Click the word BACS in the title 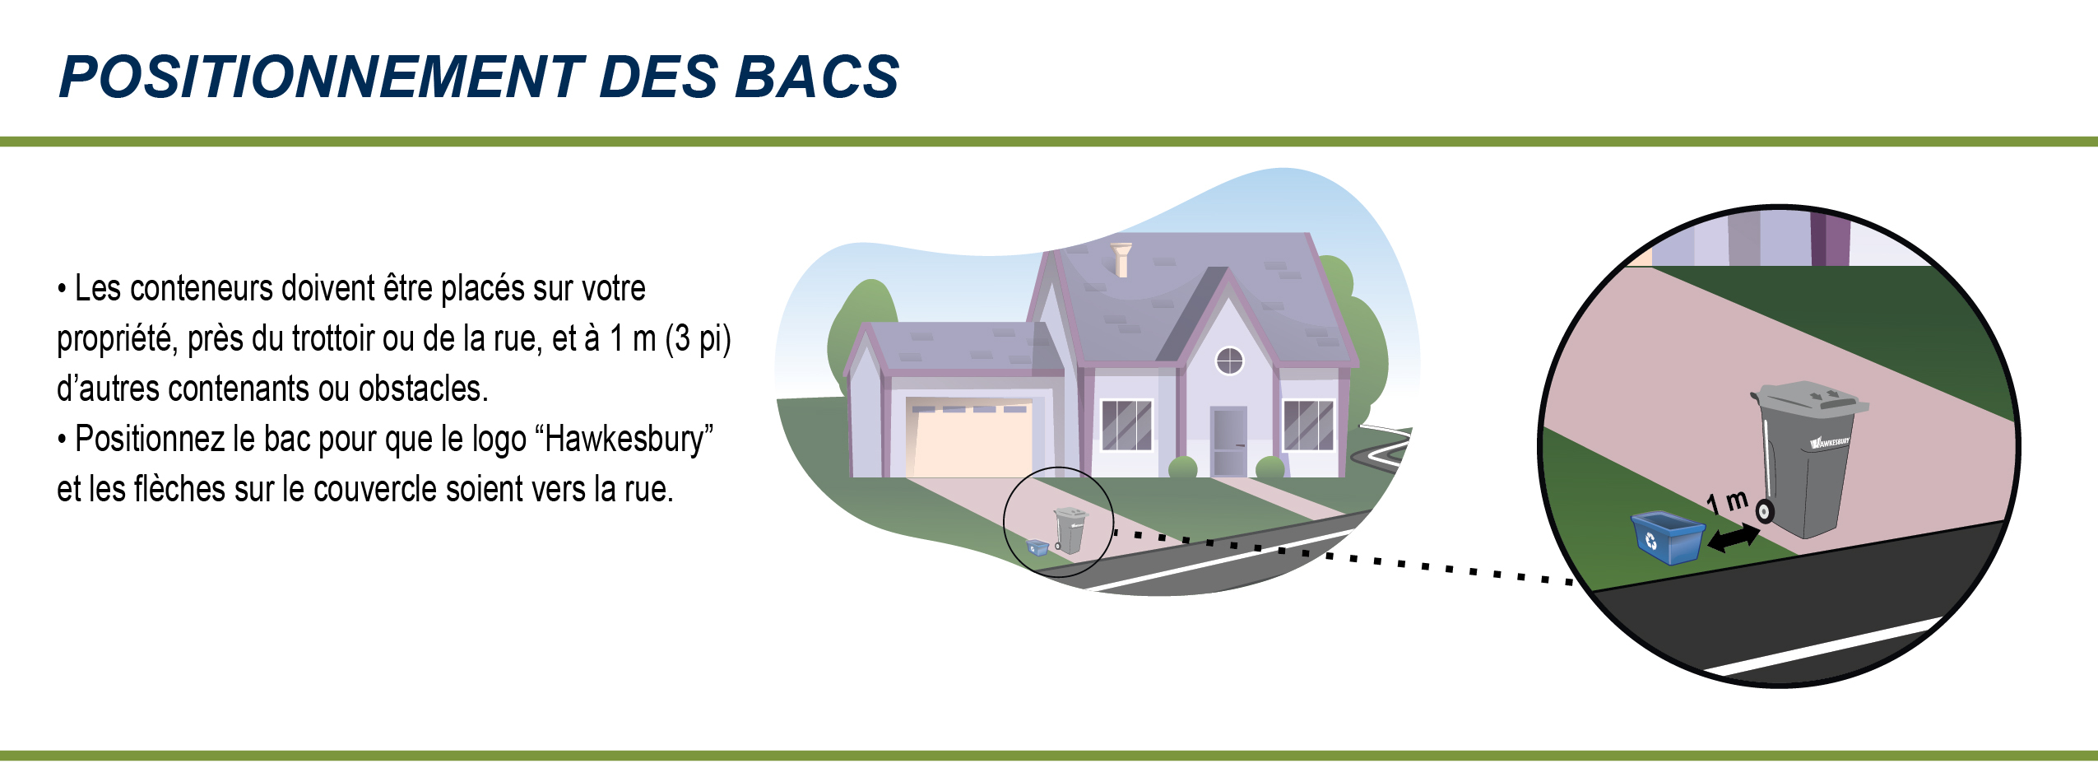tap(817, 77)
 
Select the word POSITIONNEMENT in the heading tap(321, 77)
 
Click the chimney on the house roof tap(1121, 259)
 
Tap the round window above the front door tap(1229, 361)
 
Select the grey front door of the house tap(1229, 441)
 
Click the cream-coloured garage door tap(969, 440)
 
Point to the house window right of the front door tap(1308, 425)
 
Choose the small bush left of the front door tap(1183, 468)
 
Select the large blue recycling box tap(1668, 538)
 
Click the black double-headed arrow tap(1734, 538)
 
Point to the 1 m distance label tap(1727, 500)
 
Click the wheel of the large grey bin tap(1764, 511)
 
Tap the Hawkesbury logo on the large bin tap(1830, 442)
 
